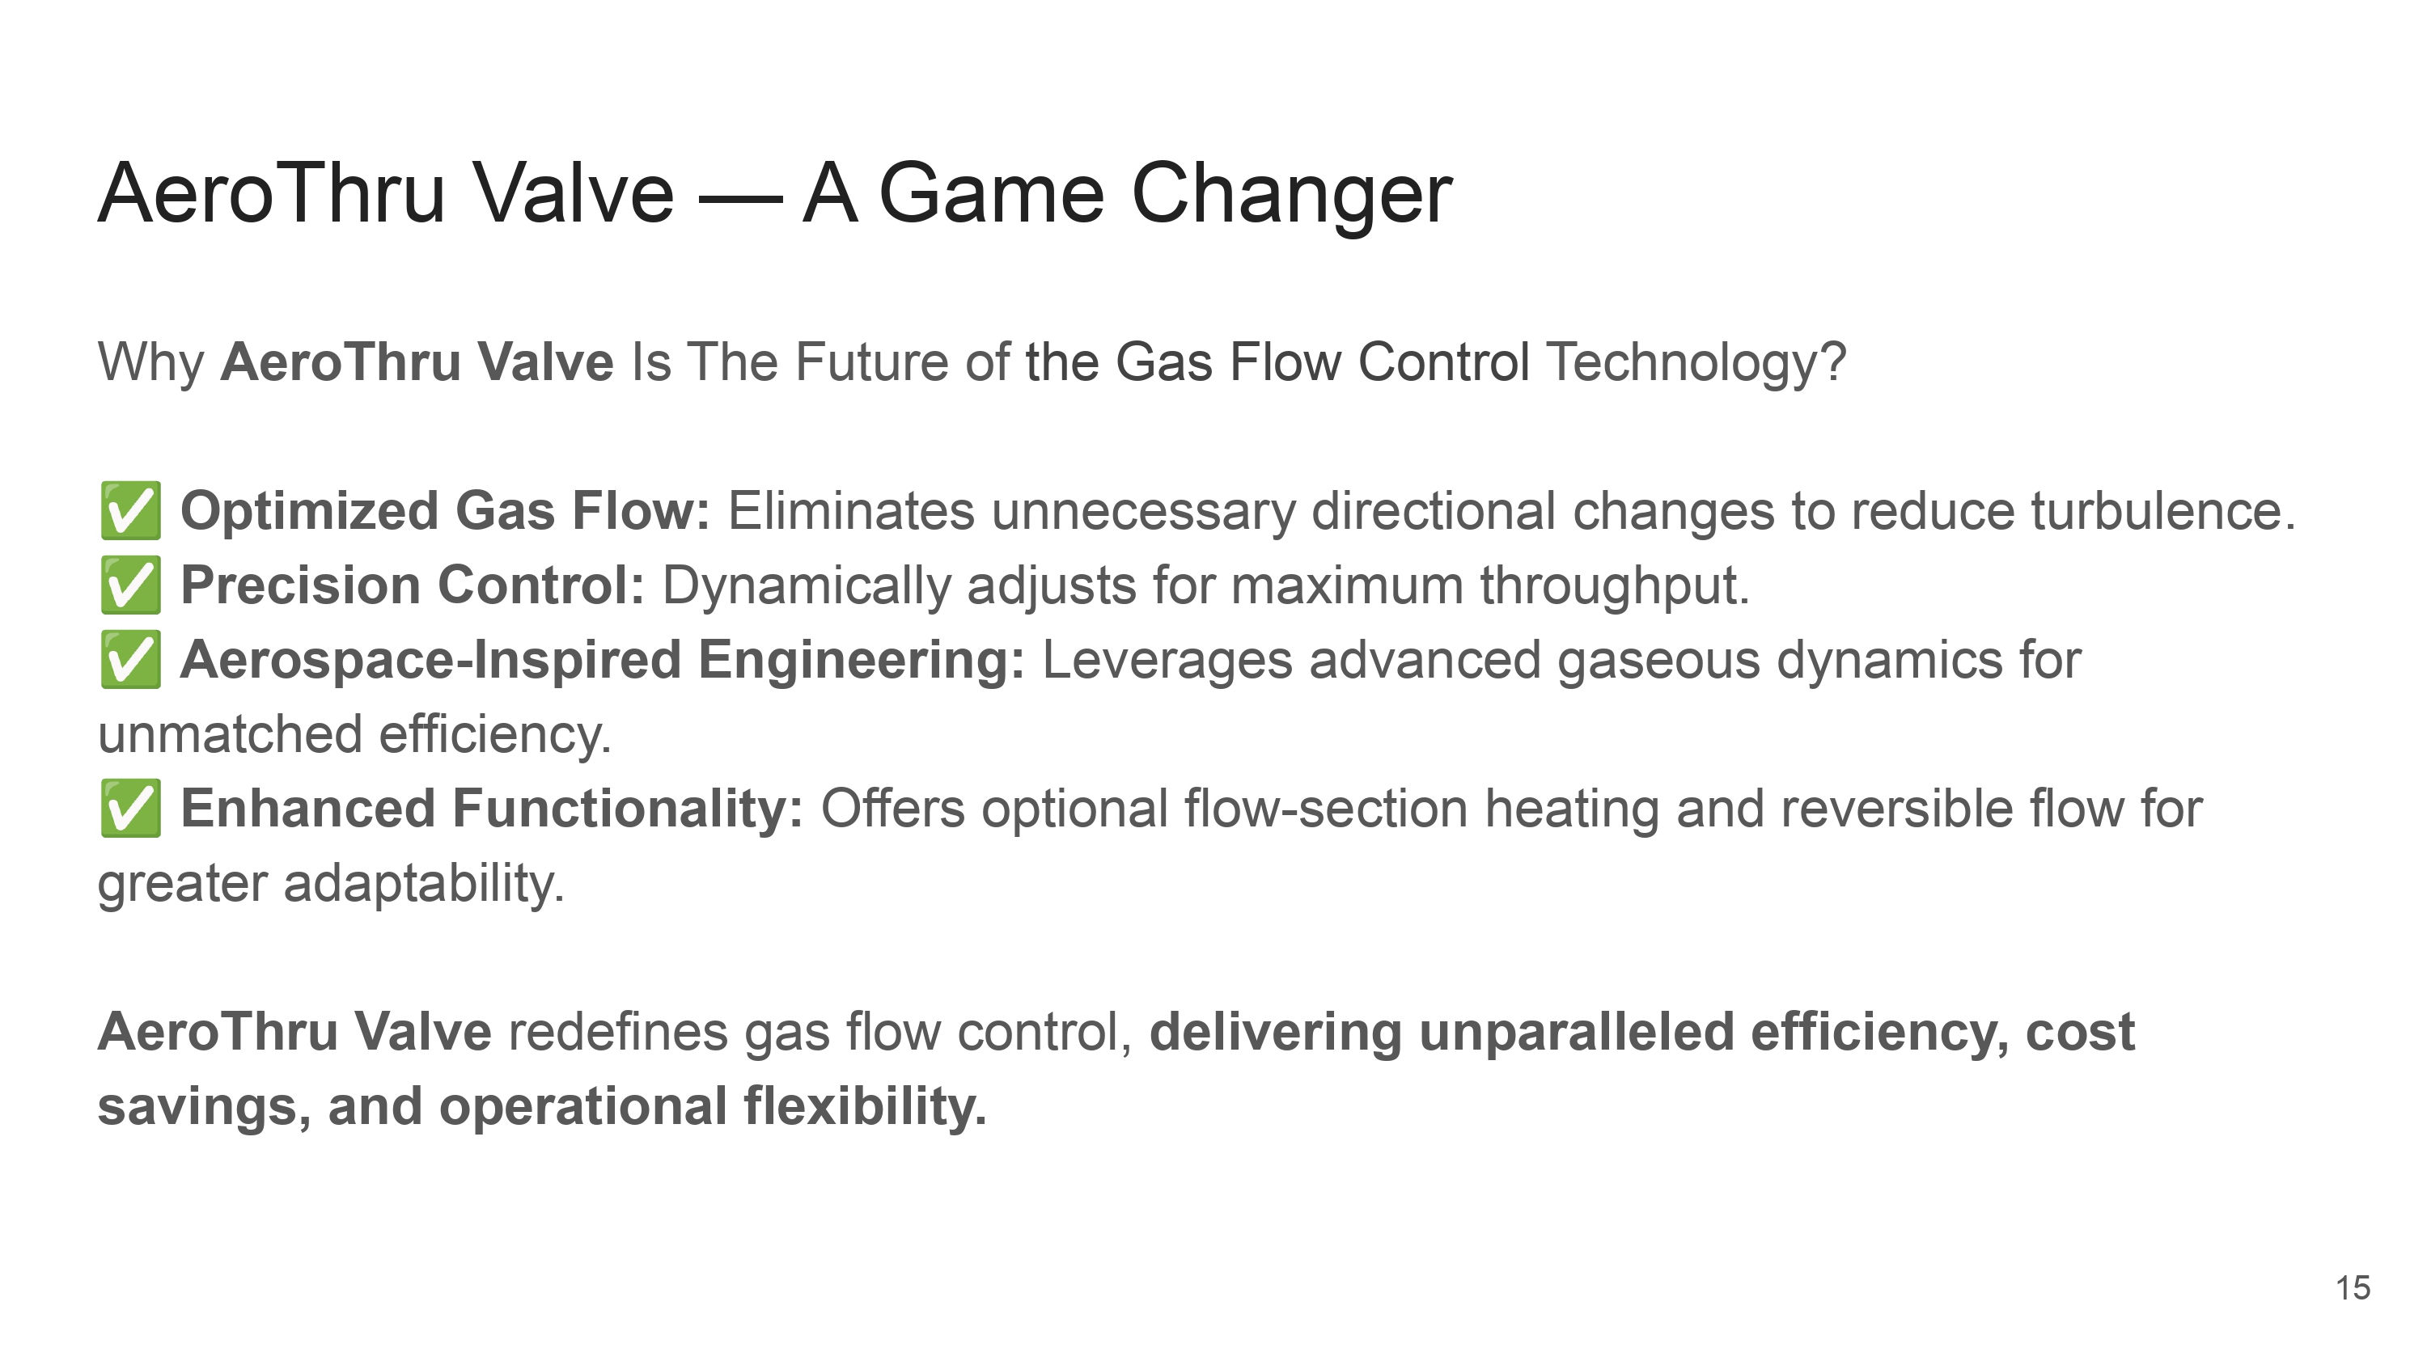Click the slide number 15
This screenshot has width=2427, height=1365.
2353,1287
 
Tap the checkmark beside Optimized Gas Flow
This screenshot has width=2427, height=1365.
130,510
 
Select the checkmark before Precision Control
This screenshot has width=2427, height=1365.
130,585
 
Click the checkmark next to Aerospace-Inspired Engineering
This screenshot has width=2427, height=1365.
130,659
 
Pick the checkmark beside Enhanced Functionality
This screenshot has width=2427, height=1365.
130,809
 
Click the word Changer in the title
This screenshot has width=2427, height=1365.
1290,196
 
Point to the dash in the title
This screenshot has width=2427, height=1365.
739,200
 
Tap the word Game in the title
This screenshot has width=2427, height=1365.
990,194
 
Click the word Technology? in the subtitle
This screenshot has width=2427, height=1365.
1696,364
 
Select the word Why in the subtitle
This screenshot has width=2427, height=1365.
150,364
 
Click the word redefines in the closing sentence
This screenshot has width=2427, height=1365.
618,1032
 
